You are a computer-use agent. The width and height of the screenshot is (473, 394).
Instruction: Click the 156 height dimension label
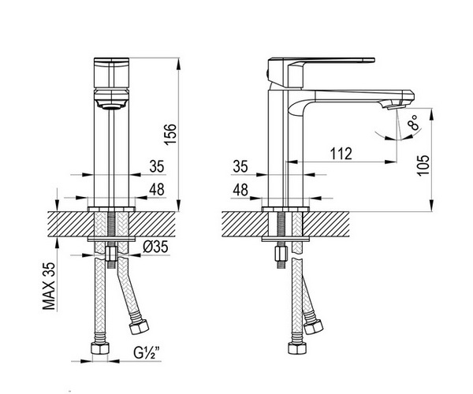point(170,134)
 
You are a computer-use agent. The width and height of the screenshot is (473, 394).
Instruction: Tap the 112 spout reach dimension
point(341,154)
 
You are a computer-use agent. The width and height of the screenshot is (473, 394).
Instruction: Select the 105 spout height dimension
point(423,165)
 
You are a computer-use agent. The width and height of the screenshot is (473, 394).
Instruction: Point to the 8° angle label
point(413,122)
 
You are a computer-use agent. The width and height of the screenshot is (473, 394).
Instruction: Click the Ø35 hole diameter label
point(155,247)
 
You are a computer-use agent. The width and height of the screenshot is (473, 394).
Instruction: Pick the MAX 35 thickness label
point(49,286)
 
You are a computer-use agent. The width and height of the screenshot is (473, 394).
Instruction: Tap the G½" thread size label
point(147,352)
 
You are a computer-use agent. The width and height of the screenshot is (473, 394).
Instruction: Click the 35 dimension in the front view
point(157,166)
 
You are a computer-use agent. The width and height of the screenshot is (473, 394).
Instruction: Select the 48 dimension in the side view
point(240,190)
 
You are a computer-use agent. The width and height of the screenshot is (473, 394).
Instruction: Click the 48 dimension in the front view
point(157,190)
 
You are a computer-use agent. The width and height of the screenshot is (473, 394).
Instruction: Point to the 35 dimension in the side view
point(240,166)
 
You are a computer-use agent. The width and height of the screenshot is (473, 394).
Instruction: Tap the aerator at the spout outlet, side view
point(396,106)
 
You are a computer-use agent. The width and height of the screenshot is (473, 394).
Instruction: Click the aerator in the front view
point(112,106)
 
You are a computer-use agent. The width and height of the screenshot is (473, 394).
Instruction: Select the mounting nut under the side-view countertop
point(281,255)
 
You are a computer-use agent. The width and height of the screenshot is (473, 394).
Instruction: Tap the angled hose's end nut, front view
point(139,327)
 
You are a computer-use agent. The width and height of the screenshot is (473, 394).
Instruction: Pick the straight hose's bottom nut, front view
point(100,349)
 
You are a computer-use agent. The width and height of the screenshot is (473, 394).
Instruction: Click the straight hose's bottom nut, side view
point(297,348)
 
